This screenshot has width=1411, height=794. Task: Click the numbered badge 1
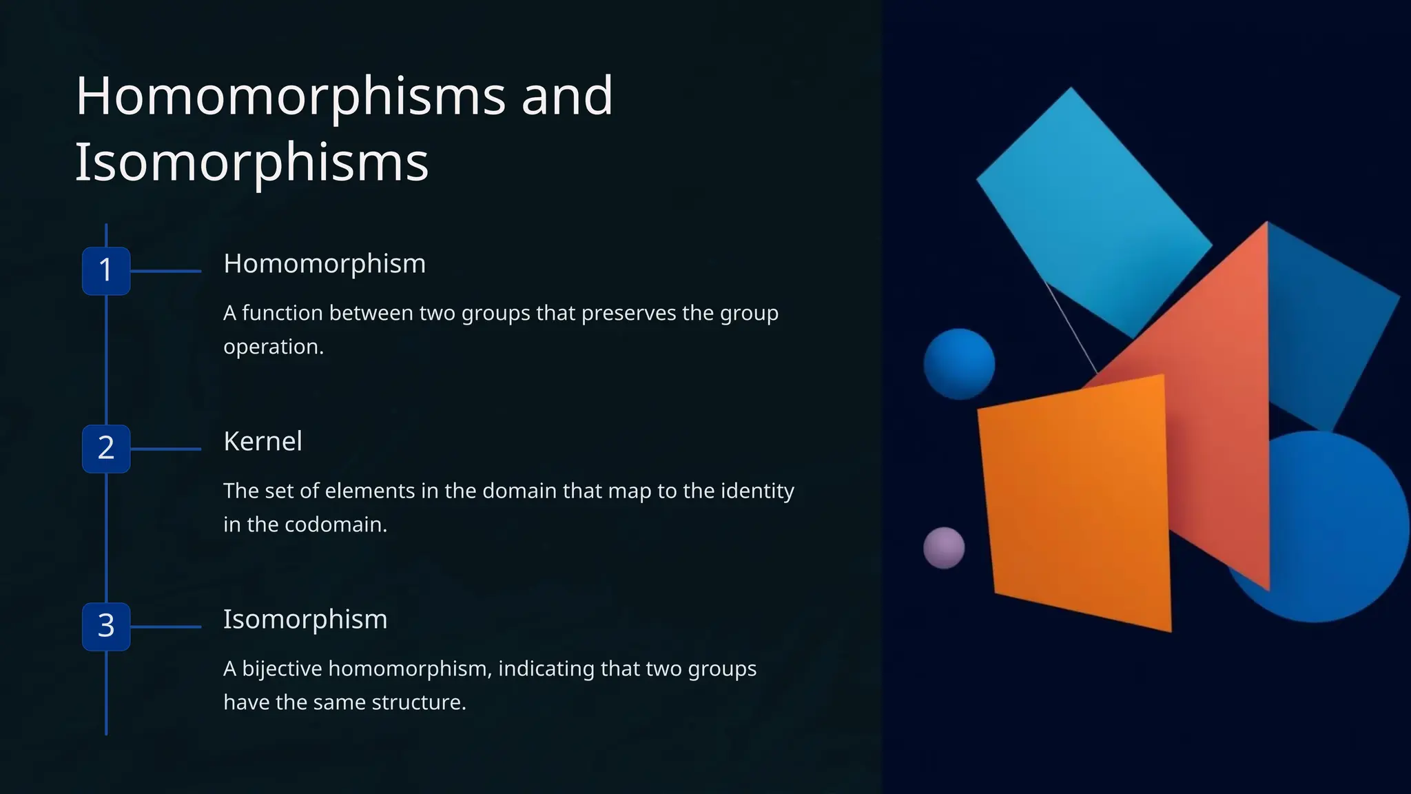point(106,270)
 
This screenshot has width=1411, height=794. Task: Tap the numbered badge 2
point(106,449)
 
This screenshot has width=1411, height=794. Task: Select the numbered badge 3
point(106,627)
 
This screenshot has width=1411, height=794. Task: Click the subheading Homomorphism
point(325,264)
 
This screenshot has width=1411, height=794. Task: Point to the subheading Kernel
point(262,442)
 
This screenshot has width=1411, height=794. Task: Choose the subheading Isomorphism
point(305,620)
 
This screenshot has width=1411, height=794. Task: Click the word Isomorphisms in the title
point(251,163)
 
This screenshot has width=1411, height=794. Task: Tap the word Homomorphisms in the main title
point(290,96)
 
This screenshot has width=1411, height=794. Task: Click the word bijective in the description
point(282,669)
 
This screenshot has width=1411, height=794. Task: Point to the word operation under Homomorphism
point(273,347)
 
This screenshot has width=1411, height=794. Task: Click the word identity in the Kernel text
point(757,491)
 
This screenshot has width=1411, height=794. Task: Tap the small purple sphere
point(943,548)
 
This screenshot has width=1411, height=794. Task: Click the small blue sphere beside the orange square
point(959,364)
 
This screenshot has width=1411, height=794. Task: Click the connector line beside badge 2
point(165,449)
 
